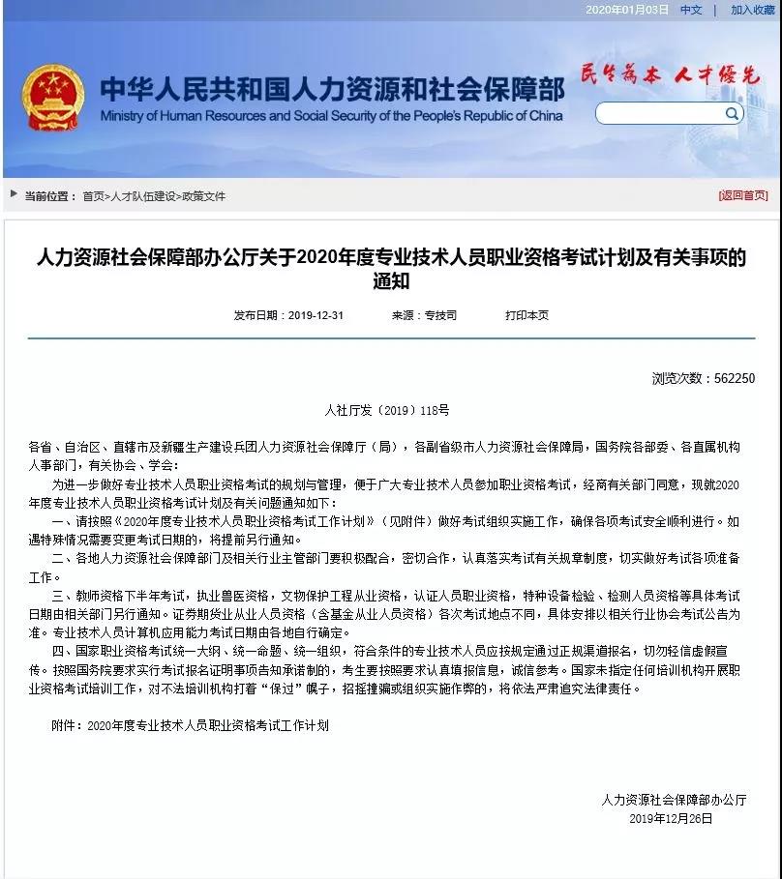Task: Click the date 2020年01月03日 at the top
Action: click(626, 10)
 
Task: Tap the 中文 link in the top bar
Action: click(691, 10)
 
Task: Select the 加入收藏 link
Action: click(752, 10)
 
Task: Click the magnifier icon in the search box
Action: click(732, 113)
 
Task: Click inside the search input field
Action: click(658, 113)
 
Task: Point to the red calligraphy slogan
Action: click(670, 74)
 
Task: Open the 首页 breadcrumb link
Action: click(93, 196)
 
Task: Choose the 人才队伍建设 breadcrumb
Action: click(144, 196)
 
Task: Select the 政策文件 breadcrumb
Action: click(203, 196)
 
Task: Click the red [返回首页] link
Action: click(742, 195)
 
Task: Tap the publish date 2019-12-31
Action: click(288, 315)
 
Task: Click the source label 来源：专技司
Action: click(424, 315)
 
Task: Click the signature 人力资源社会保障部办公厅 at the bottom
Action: click(674, 800)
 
